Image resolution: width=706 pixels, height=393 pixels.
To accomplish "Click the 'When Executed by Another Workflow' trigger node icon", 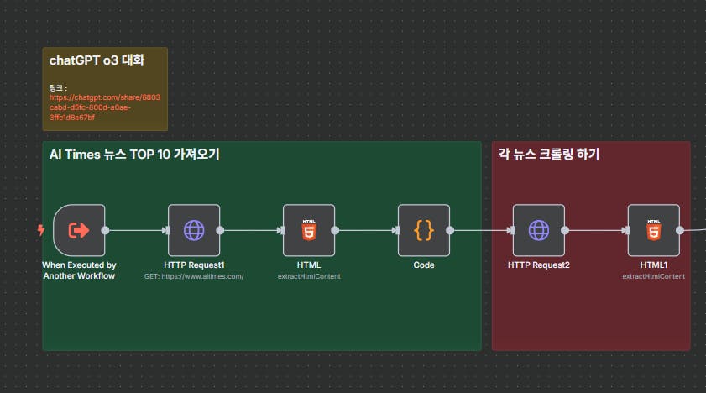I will click(x=79, y=230).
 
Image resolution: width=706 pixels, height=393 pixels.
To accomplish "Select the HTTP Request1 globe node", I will click(x=194, y=230).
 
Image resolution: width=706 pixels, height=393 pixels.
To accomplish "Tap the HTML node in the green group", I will click(x=309, y=230).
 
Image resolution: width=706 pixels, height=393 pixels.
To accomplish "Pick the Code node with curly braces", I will click(x=424, y=230).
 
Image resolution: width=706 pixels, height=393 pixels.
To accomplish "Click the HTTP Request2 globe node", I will click(x=538, y=230).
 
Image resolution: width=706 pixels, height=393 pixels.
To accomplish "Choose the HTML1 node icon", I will click(x=653, y=230).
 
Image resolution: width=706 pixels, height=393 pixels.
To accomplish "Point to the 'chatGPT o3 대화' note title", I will click(x=97, y=60).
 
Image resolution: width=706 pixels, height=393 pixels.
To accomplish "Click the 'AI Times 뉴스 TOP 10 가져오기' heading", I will click(x=134, y=155).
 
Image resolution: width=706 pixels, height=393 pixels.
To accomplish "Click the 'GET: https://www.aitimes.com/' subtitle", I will click(x=194, y=275).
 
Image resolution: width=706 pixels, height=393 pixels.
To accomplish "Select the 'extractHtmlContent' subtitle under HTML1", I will click(x=653, y=275).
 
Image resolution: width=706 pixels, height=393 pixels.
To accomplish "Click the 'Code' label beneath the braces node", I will click(x=424, y=265).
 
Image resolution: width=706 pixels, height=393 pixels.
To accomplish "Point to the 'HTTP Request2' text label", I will click(x=538, y=265).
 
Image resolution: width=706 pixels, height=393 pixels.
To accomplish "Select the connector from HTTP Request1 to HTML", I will click(x=251, y=230).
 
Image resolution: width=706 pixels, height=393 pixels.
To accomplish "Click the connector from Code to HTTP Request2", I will click(x=481, y=230).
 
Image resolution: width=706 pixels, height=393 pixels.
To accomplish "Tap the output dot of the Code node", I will click(x=450, y=230).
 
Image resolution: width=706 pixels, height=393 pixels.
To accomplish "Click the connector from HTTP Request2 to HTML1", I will click(x=596, y=230).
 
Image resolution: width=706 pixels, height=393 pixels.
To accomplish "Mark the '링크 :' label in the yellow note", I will click(x=58, y=86).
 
